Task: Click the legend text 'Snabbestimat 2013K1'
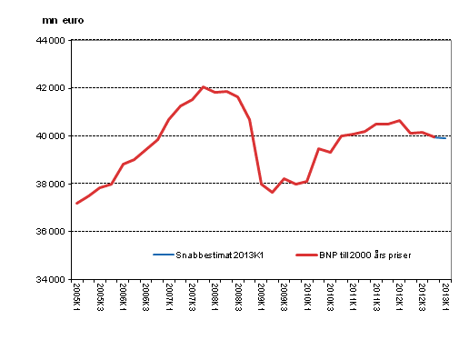(209, 255)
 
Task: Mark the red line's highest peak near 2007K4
(204, 87)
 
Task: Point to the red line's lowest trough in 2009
(272, 192)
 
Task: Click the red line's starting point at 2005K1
(76, 203)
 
